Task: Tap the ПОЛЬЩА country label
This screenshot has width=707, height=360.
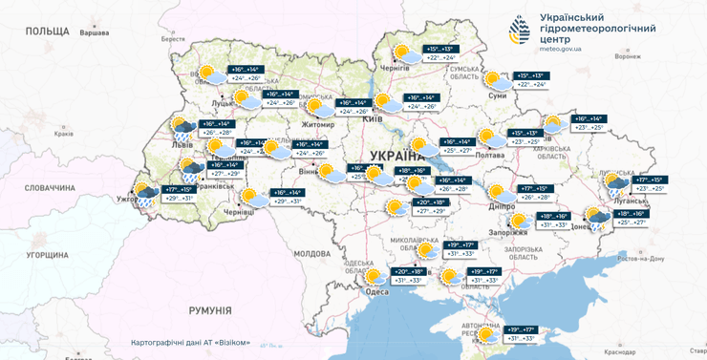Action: tap(48, 31)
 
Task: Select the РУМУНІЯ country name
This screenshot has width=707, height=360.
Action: tap(209, 310)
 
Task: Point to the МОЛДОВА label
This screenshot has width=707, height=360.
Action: tap(311, 253)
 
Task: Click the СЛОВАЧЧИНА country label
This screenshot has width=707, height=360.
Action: tap(50, 187)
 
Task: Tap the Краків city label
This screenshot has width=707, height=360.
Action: tap(63, 134)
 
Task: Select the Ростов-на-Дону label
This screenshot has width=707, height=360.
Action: tap(640, 259)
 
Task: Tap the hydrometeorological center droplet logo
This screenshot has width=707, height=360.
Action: tap(520, 29)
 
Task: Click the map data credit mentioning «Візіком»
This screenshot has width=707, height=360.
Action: tap(190, 343)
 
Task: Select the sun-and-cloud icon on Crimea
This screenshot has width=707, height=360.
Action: tap(487, 333)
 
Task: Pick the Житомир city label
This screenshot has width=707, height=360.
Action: tap(318, 123)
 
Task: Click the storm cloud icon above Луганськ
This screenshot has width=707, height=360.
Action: tap(614, 184)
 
